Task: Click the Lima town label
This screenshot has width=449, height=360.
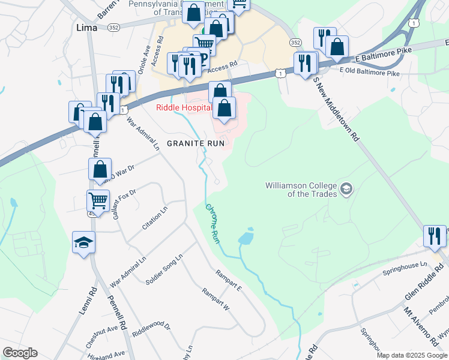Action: click(x=87, y=27)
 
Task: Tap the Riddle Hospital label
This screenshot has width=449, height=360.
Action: click(x=184, y=108)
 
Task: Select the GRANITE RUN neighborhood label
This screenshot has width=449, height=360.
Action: click(x=196, y=143)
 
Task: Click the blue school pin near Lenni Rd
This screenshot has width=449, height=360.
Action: click(x=84, y=243)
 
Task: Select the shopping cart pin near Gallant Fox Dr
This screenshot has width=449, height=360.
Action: click(x=98, y=200)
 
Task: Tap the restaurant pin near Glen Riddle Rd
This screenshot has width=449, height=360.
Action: click(x=435, y=236)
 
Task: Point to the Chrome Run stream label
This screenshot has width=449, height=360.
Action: click(x=213, y=224)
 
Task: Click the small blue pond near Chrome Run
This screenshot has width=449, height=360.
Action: click(x=246, y=238)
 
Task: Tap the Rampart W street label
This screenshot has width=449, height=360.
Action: click(x=216, y=298)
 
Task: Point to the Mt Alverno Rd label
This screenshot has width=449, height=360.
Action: click(x=414, y=320)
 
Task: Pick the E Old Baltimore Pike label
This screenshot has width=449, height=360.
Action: click(x=369, y=73)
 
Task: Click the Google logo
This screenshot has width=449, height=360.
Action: click(x=20, y=353)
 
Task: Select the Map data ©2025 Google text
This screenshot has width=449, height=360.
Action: click(x=412, y=355)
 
